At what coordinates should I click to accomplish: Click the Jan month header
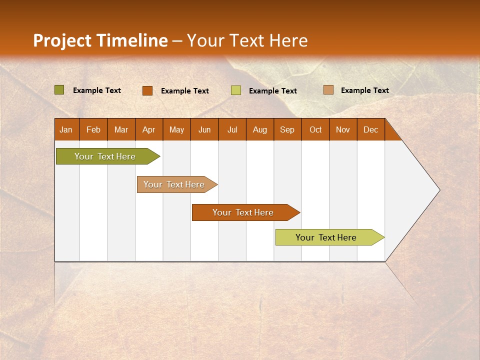[66, 129]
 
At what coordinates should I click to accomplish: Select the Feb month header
[93, 129]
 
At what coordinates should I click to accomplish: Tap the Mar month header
[121, 129]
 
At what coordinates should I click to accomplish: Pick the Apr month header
[149, 129]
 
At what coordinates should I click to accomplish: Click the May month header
[176, 129]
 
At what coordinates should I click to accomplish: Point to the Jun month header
[204, 129]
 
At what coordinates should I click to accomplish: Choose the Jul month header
[232, 129]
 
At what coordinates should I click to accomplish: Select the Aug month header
[260, 129]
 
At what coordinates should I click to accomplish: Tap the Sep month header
[287, 129]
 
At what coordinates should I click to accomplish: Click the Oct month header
[315, 129]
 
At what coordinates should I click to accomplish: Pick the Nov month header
[343, 129]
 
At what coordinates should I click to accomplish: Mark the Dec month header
[371, 129]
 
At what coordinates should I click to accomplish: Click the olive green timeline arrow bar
[105, 156]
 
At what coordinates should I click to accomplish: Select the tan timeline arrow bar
[174, 184]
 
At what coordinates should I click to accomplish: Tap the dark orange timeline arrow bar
[243, 212]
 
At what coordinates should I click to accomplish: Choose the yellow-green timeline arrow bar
[326, 237]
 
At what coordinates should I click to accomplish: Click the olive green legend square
[59, 90]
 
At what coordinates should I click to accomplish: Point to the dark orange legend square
[147, 90]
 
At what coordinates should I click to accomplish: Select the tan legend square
[328, 90]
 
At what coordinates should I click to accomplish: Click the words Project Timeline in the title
[100, 40]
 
